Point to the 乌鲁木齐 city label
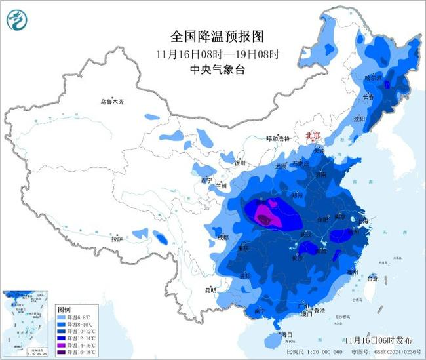pos(111,102)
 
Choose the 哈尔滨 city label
pos(372,77)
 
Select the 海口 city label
pos(285,334)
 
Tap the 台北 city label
pos(372,278)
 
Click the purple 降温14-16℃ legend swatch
pos(62,344)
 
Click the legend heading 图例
pos(64,308)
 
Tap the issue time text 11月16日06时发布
pos(379,340)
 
